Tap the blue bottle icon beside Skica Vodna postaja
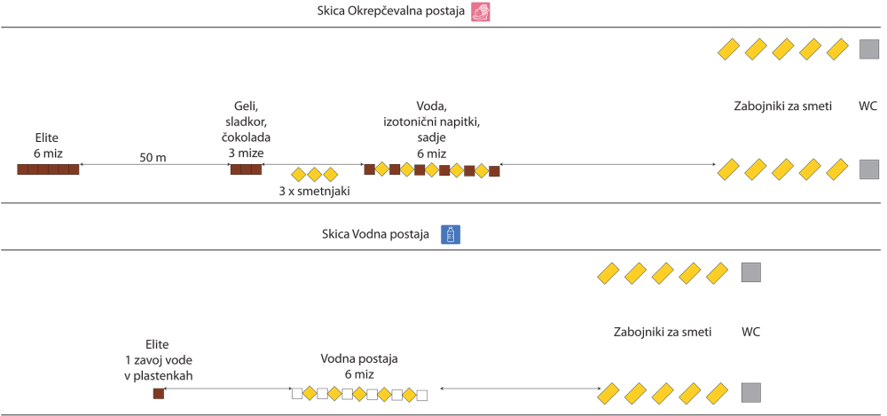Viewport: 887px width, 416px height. pos(451,234)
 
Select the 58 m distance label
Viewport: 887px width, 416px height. pos(153,158)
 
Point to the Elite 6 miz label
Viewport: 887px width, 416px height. pos(48,146)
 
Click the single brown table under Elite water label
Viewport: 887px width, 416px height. pos(159,393)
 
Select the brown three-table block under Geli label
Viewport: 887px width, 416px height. pos(246,169)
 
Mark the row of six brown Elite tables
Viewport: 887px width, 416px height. pos(48,169)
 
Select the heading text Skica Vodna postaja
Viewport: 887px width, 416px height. pos(376,234)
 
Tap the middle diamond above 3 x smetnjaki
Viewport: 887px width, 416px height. pos(314,175)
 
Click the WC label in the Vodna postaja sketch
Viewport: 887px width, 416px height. pos(750,333)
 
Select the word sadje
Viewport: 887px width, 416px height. pos(431,138)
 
